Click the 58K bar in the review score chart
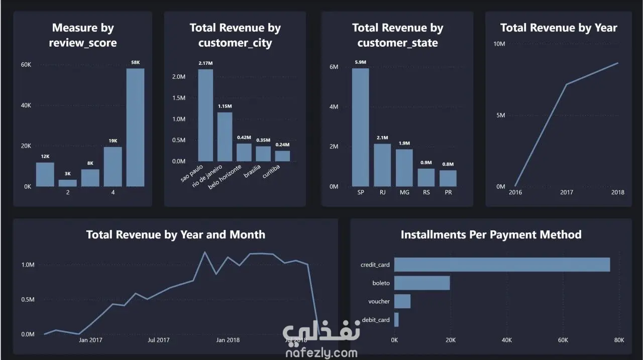coord(135,128)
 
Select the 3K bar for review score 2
coord(68,183)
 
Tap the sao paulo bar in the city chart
coord(205,115)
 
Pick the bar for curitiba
coord(282,156)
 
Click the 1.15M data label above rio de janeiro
coord(225,106)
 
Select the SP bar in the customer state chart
coord(360,128)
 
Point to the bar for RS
coord(426,178)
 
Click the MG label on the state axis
coord(404,192)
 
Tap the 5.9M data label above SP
coord(360,62)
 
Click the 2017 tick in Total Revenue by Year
coord(566,192)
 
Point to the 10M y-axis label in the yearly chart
coord(499,44)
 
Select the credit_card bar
coord(502,265)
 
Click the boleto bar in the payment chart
coord(422,283)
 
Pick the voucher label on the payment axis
coord(379,301)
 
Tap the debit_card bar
coord(396,320)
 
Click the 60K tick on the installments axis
coord(563,340)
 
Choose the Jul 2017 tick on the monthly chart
coord(158,340)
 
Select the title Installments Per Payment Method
coord(491,234)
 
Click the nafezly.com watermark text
coord(321,353)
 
